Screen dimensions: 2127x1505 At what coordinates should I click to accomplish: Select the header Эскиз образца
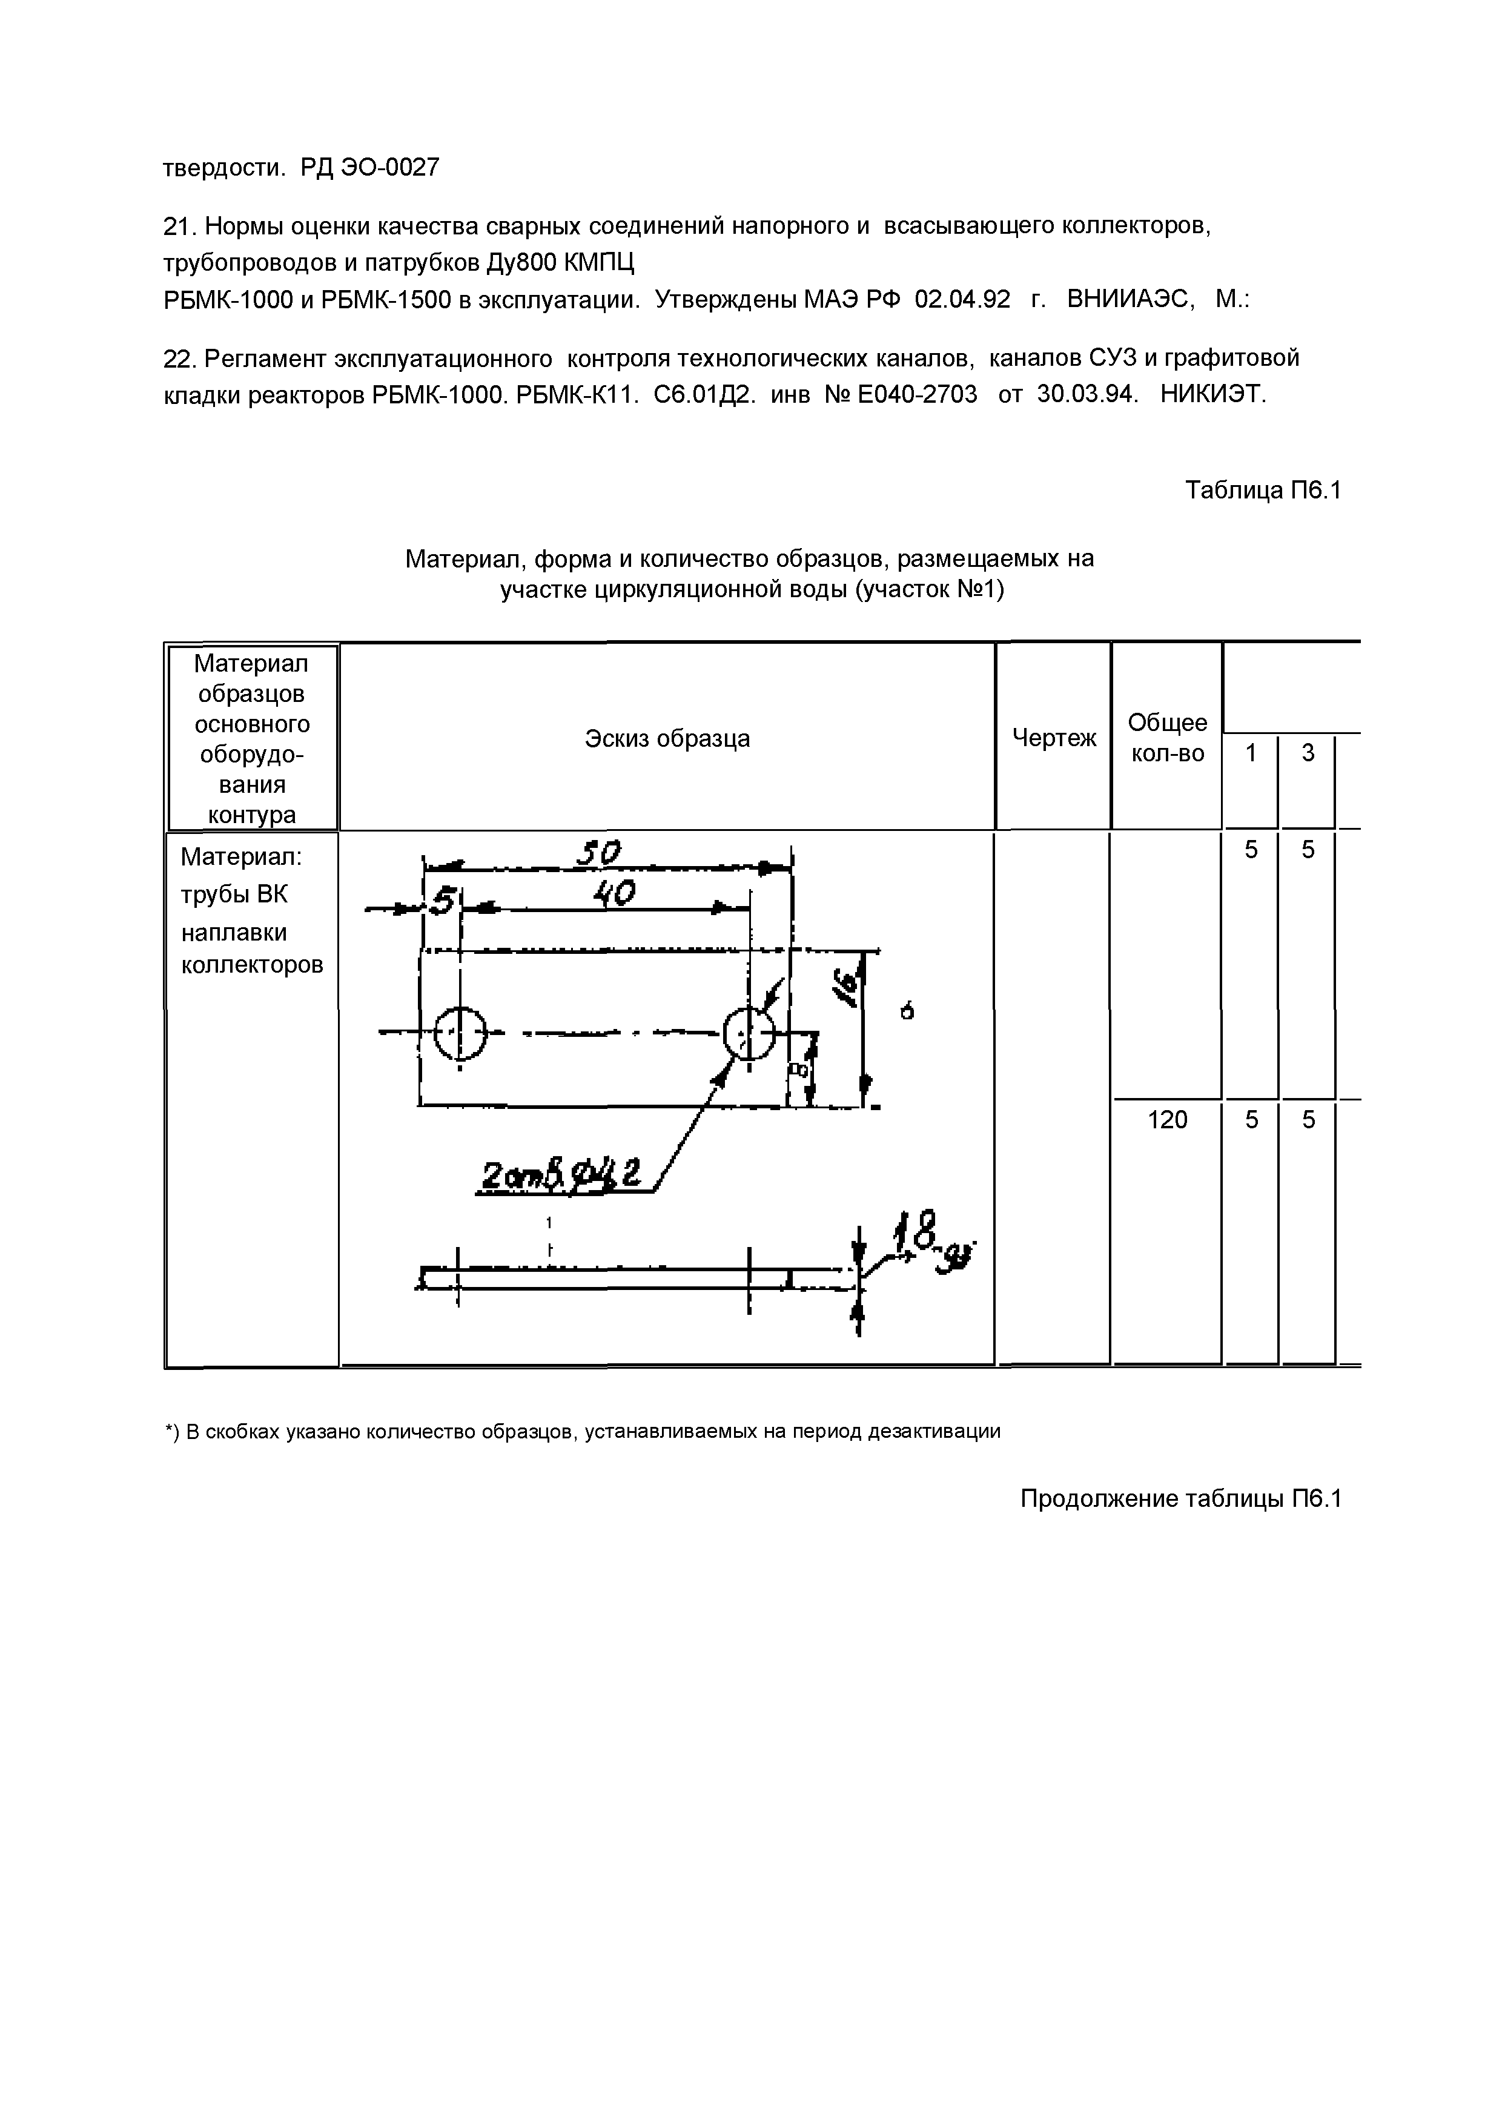pos(667,739)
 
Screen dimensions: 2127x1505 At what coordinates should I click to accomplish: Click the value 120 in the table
pos(1166,1120)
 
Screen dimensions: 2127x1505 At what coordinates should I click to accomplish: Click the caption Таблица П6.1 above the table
pos(1263,489)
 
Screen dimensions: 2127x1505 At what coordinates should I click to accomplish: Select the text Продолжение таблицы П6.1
pos(1180,1498)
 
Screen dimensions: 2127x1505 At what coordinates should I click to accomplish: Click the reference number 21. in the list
pos(180,225)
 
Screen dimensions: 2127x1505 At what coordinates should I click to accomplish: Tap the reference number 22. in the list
pos(180,358)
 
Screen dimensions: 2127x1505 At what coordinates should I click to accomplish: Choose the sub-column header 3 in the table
pos(1308,753)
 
